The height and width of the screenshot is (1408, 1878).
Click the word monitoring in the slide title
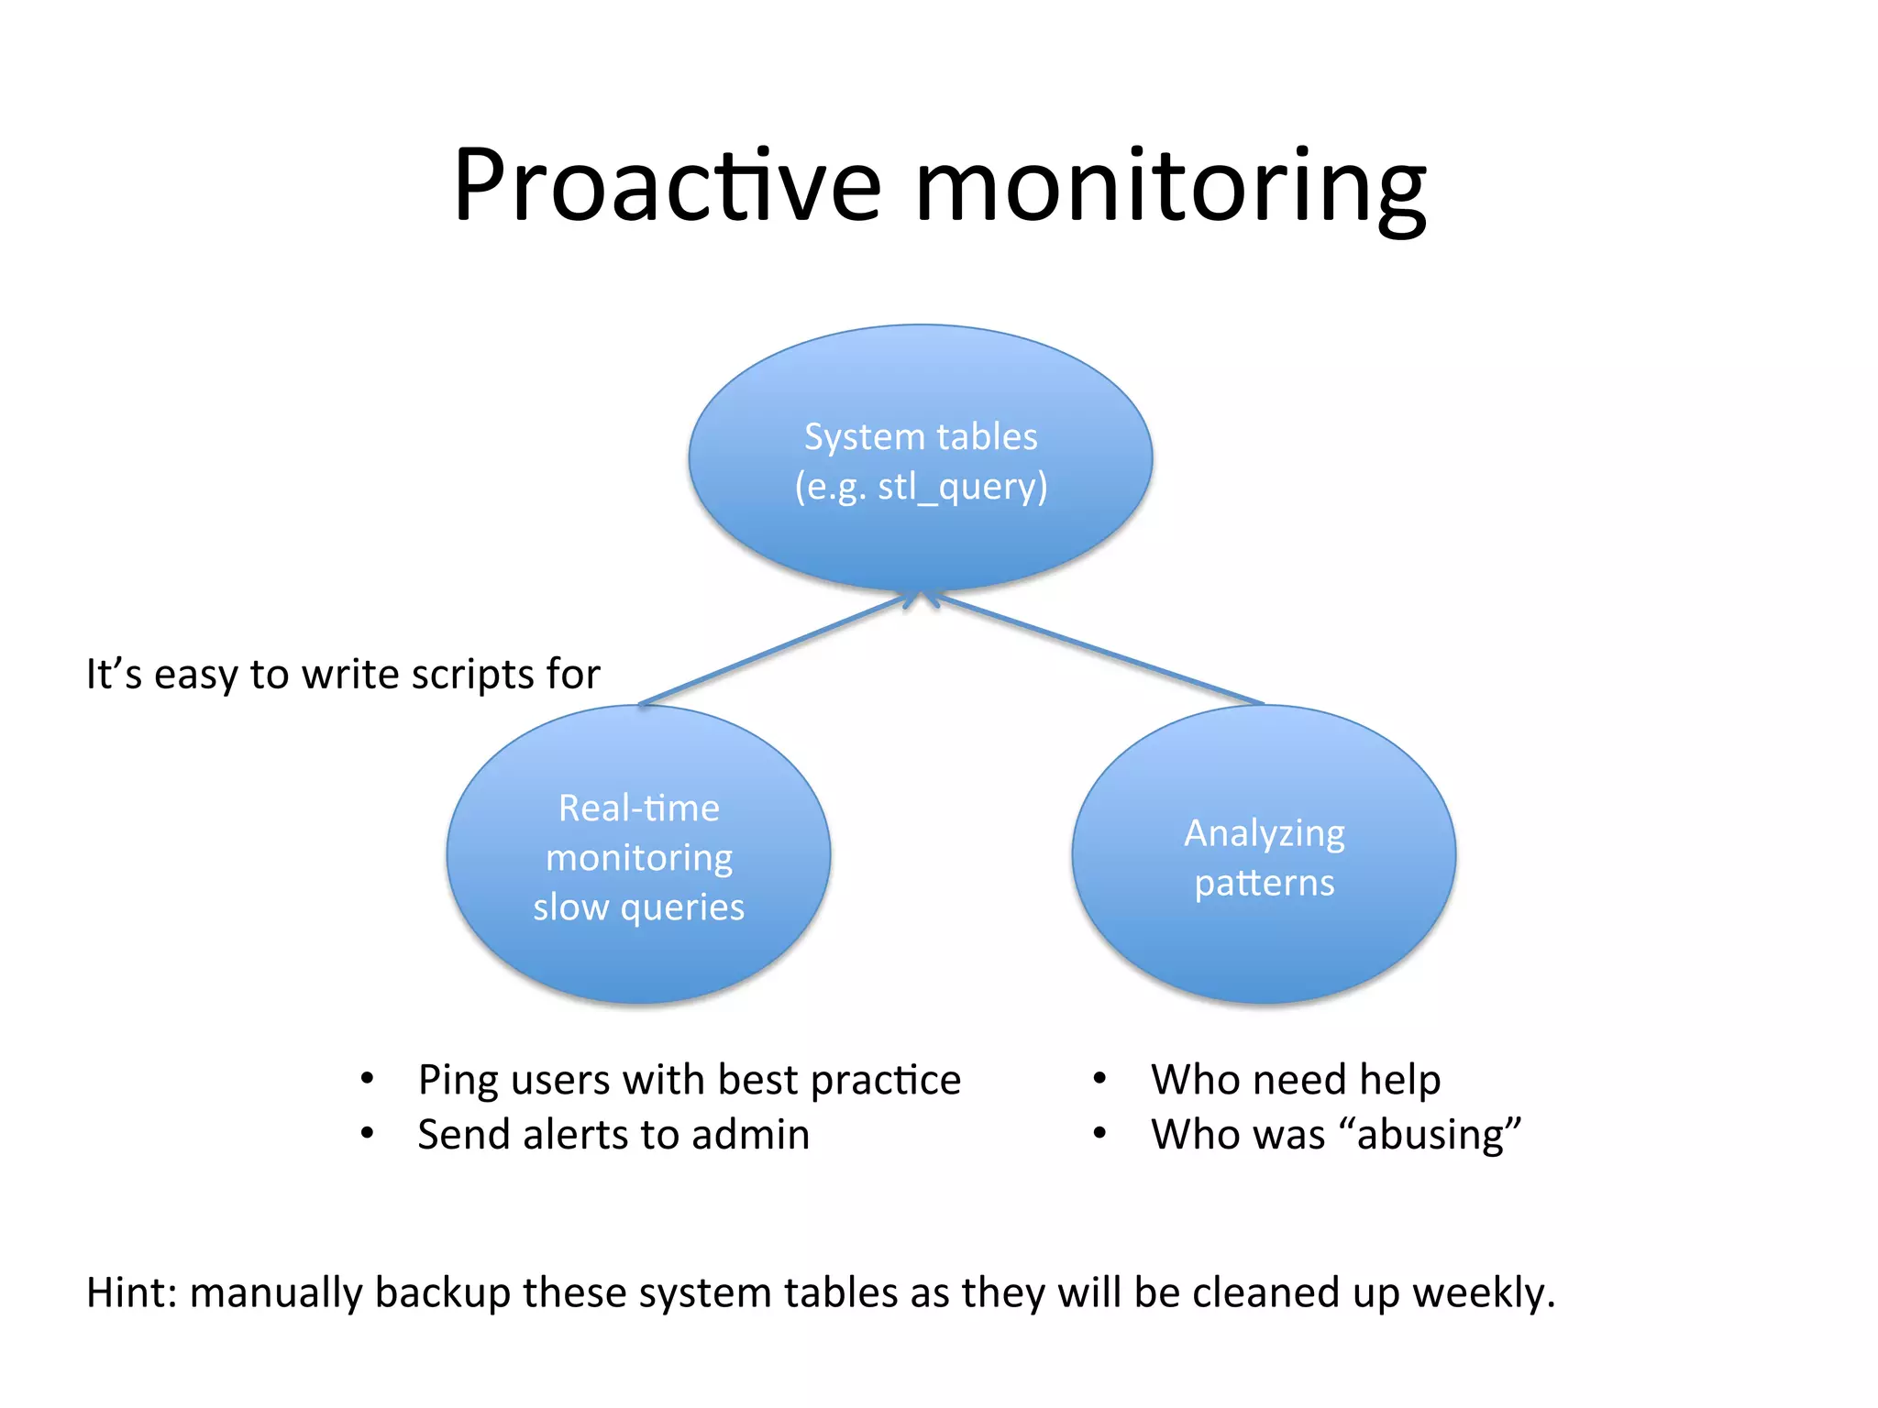(1169, 188)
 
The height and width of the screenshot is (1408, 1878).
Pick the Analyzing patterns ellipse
(1264, 953)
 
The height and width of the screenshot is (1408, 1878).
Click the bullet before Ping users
(367, 1079)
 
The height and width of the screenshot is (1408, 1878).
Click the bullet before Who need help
(1099, 1079)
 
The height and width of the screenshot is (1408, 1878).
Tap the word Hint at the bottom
(128, 1292)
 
